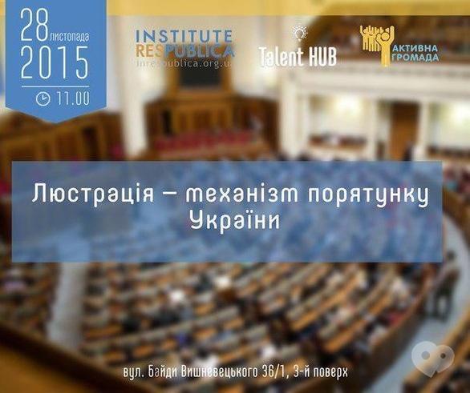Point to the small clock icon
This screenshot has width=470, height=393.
43,99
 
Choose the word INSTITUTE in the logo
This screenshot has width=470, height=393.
184,36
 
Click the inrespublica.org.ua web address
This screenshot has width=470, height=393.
188,61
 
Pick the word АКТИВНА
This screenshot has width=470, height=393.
416,46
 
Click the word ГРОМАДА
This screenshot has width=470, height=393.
416,58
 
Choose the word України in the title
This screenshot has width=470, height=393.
234,222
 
